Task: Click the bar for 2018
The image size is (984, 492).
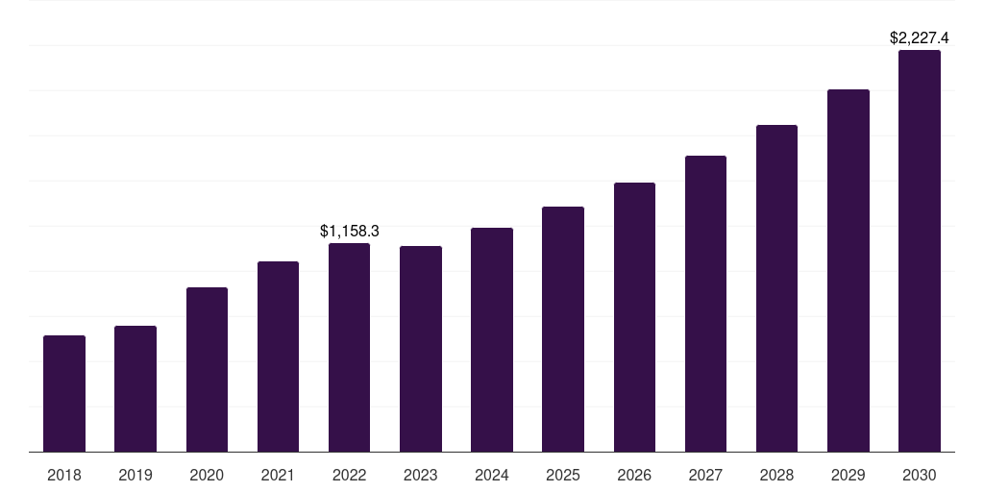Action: tap(64, 394)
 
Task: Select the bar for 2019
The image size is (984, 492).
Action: tap(135, 389)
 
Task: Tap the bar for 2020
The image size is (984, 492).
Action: tap(207, 370)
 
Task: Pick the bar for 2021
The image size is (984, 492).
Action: tap(278, 357)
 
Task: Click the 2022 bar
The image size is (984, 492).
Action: tap(349, 348)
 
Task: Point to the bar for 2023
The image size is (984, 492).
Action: tap(421, 349)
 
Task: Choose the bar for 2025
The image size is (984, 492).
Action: tap(563, 330)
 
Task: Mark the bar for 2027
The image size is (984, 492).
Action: tap(705, 304)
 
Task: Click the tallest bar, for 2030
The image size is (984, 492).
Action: tap(920, 251)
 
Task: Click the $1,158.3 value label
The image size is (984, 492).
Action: tap(350, 231)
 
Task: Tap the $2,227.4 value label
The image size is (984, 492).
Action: tap(920, 38)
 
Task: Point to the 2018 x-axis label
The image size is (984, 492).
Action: tap(64, 475)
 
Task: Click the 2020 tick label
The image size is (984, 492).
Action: tap(207, 475)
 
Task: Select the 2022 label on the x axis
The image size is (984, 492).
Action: tap(349, 475)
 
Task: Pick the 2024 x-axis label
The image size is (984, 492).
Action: tap(492, 475)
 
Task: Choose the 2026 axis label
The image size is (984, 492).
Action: tap(634, 475)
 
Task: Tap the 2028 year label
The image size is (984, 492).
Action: tap(776, 475)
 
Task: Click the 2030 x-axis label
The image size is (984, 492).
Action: tap(920, 475)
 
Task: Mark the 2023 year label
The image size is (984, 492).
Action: tap(421, 475)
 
